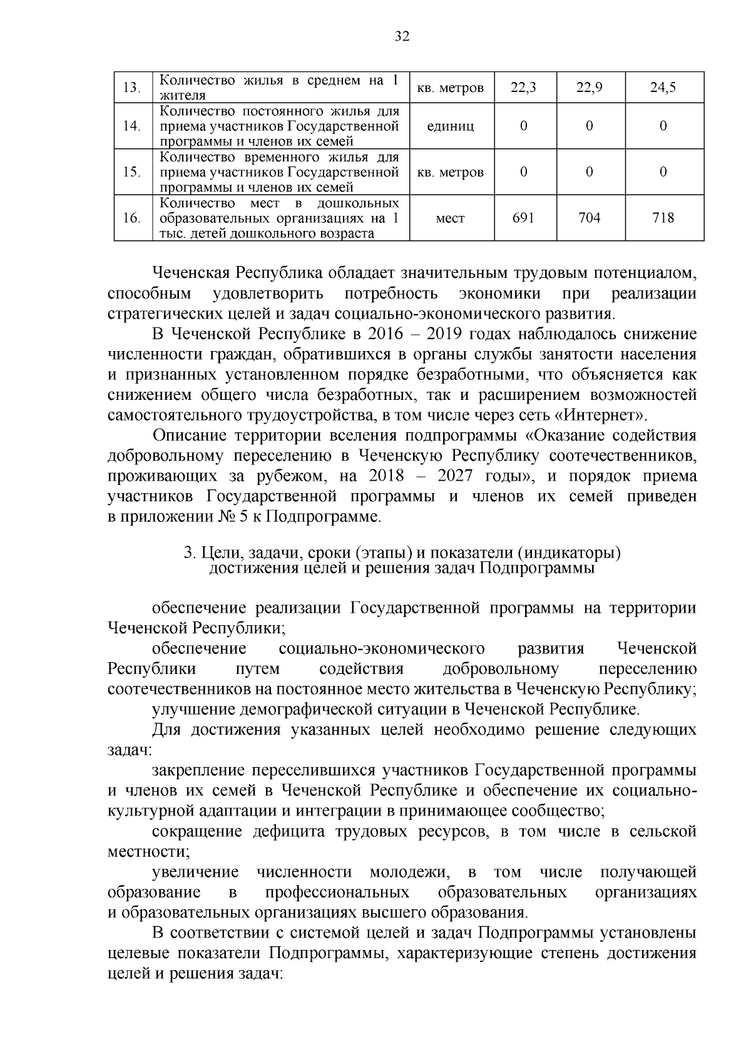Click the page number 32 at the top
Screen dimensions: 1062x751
coord(402,37)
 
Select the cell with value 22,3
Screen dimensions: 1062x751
coord(523,88)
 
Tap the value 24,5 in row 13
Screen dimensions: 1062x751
coord(663,88)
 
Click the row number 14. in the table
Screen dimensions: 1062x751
coord(131,126)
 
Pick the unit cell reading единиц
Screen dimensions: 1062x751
coord(450,126)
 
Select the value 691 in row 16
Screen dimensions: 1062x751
coord(523,218)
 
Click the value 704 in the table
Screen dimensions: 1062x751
coord(589,218)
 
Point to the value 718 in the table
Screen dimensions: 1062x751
coord(663,218)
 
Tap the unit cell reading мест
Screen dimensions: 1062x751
coord(450,218)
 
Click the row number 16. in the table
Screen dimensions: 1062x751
coord(131,218)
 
